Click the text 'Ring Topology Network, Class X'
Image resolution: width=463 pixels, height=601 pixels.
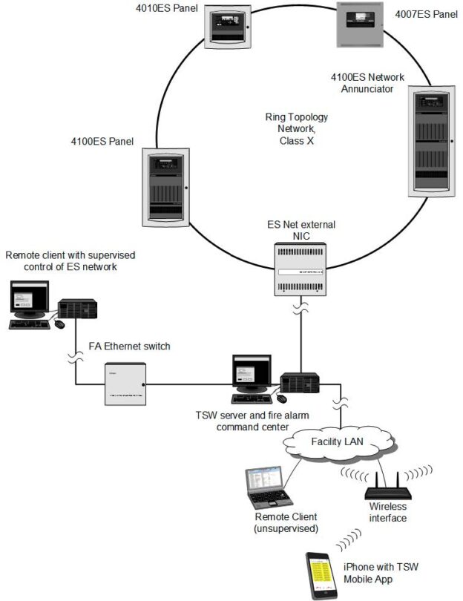coord(296,128)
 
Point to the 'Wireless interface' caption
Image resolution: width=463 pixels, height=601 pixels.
coord(387,513)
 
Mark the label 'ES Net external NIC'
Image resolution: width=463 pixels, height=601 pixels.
coord(296,229)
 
